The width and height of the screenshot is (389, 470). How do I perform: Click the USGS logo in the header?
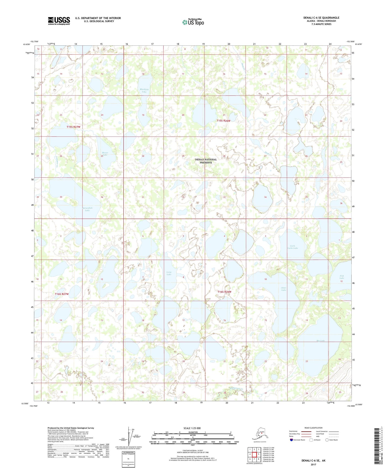coord(59,21)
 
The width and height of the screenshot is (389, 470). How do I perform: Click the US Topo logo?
coord(193,22)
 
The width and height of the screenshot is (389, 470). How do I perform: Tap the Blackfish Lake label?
coord(144,91)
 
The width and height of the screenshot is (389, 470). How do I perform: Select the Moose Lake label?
coord(105,154)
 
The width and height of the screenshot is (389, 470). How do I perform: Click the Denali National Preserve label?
coord(206,161)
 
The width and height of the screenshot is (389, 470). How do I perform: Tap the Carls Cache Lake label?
coord(292,247)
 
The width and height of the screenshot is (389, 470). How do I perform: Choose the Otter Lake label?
coord(283,289)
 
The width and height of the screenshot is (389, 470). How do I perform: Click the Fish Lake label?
coord(342,277)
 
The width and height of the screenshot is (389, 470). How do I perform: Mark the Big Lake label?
coord(320,341)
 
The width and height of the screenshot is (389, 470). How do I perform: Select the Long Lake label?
coord(169,273)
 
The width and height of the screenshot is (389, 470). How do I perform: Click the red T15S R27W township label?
coord(73,127)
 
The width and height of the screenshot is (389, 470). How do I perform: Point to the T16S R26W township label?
coord(224,292)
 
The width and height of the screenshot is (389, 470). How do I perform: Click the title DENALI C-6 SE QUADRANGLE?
coord(321,18)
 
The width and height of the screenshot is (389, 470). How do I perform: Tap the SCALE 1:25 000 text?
coord(192,428)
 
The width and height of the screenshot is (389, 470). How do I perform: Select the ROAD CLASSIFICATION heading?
coord(313,428)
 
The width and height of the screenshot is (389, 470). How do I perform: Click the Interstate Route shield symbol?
coord(292,440)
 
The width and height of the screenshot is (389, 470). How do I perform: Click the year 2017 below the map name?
coord(313,464)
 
